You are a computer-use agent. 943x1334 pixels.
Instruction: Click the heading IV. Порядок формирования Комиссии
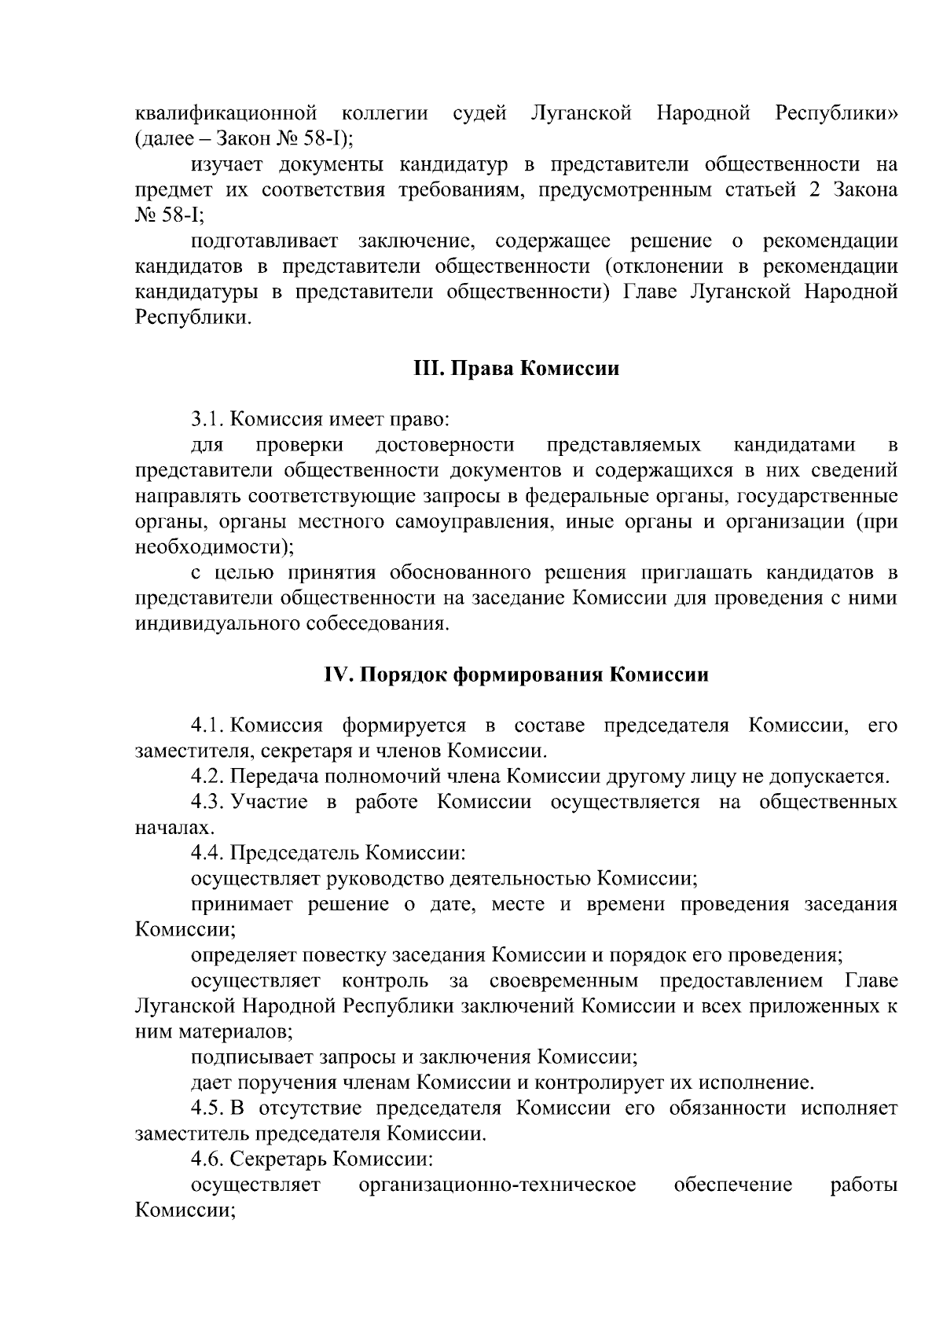click(x=516, y=675)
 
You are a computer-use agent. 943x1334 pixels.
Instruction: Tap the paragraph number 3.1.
click(x=208, y=420)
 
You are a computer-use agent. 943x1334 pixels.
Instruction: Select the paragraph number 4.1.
click(x=209, y=726)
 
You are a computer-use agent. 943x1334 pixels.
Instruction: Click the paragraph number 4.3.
click(x=209, y=803)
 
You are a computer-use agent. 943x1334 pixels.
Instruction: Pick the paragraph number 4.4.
click(x=208, y=854)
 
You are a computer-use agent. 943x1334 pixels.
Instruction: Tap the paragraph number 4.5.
click(x=209, y=1108)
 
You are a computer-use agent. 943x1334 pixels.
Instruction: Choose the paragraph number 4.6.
click(x=208, y=1159)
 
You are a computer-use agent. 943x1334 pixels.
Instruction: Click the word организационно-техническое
click(x=497, y=1185)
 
